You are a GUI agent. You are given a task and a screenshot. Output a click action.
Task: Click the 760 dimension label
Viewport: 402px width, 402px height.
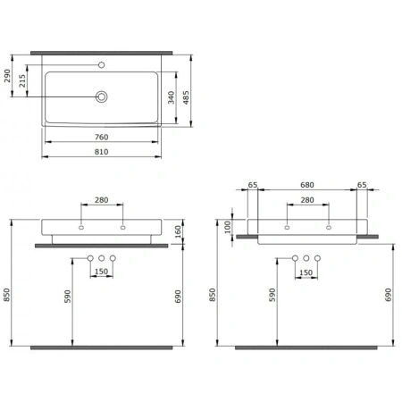tap(101, 137)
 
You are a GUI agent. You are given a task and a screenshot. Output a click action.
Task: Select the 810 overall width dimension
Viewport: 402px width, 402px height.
tap(101, 152)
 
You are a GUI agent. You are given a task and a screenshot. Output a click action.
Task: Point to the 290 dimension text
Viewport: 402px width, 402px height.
tap(7, 76)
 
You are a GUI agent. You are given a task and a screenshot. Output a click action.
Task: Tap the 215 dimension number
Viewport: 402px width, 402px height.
tap(22, 80)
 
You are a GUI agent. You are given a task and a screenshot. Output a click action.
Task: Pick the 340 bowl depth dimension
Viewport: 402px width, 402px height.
tap(171, 97)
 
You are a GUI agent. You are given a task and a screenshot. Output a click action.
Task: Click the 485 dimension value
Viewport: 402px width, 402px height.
tap(186, 97)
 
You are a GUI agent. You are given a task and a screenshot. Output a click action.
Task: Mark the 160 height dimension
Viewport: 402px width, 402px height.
tap(178, 231)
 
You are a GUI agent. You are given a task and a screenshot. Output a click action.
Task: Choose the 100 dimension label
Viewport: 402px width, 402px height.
tap(228, 227)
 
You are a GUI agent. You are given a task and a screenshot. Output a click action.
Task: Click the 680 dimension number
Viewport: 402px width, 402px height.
tap(307, 185)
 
